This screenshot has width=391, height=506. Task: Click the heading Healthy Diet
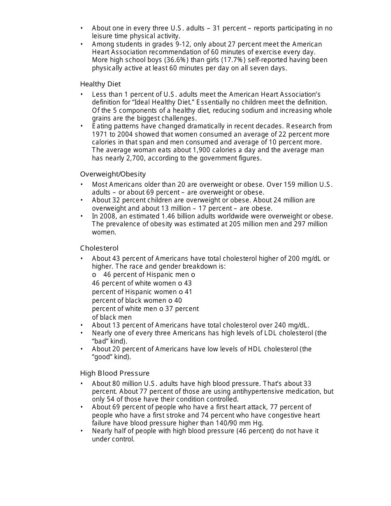click(x=100, y=84)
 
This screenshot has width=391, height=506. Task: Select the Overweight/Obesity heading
click(x=113, y=174)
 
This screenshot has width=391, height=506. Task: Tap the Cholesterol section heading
click(x=99, y=248)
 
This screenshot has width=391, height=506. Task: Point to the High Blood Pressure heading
click(x=115, y=373)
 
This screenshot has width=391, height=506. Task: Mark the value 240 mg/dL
click(x=288, y=325)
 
